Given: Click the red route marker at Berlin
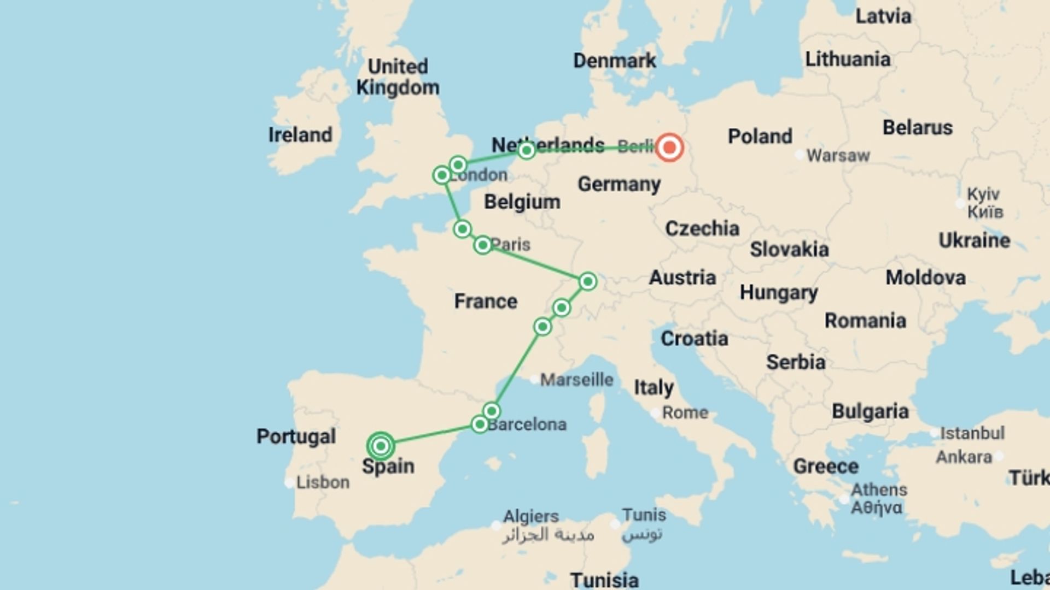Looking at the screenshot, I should (x=669, y=147).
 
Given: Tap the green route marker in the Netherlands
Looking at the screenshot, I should (x=526, y=150).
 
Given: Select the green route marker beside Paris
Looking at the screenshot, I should (x=482, y=245).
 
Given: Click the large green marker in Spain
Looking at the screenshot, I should (x=381, y=446).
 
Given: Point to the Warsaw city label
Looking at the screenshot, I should (x=837, y=156).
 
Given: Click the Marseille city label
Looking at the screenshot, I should (x=576, y=380).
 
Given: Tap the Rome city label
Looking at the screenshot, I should (x=685, y=412).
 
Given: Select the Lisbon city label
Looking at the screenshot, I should (x=323, y=482).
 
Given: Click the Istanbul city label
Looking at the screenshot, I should (x=972, y=433).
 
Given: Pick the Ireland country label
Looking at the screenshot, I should (x=300, y=135).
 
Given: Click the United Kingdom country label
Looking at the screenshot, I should (x=398, y=77).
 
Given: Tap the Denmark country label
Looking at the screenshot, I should (x=614, y=61).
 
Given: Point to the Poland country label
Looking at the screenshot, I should (x=760, y=137).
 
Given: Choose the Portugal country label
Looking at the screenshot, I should (x=296, y=436).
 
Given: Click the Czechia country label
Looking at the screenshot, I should (x=702, y=228).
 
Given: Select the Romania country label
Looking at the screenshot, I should (x=865, y=321).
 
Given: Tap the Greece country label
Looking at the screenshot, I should (x=826, y=467).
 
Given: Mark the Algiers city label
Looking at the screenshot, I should (x=530, y=516).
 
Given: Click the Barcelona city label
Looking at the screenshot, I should (x=527, y=424).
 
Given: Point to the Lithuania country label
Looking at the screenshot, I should (x=848, y=59).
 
